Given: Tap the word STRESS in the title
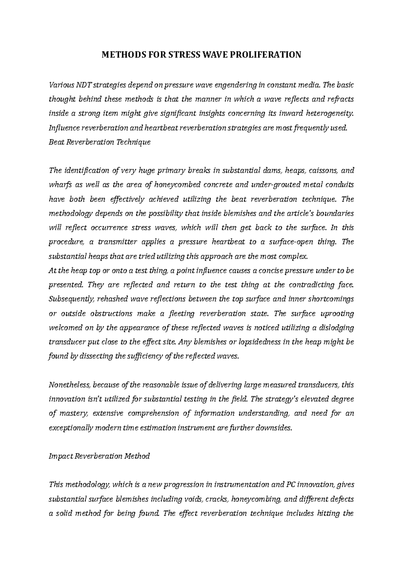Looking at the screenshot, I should click(182, 54).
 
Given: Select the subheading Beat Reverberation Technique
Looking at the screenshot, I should click(99, 142).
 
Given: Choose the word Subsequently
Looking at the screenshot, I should click(68, 299).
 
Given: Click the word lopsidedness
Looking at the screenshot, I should click(258, 342).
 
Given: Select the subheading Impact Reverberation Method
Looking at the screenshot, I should click(99, 456).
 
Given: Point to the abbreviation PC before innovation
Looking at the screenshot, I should click(291, 485).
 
